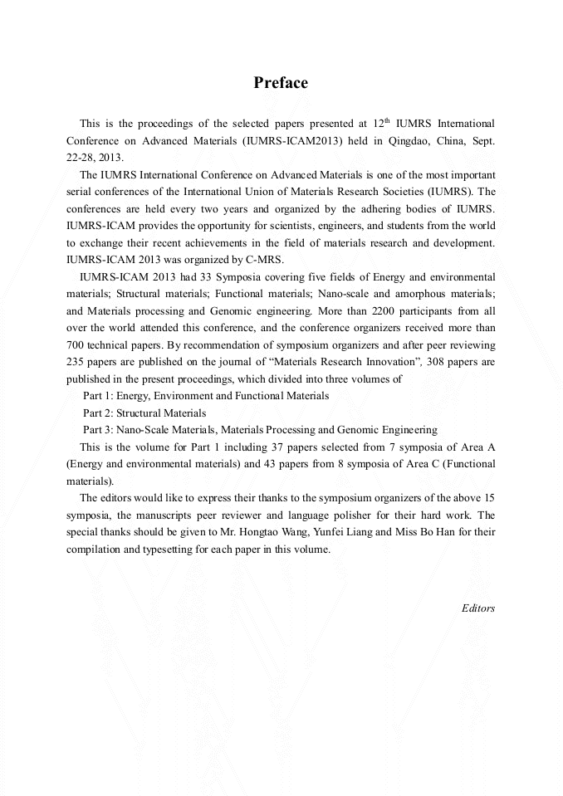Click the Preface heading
pyautogui.click(x=281, y=83)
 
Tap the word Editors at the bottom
pyautogui.click(x=477, y=608)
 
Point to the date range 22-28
pyautogui.click(x=81, y=158)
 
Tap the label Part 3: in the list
pyautogui.click(x=98, y=430)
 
